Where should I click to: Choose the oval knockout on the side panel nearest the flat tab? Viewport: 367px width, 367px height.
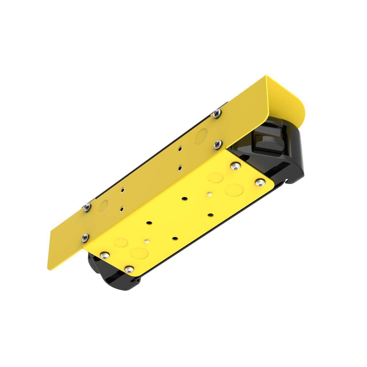[104, 204]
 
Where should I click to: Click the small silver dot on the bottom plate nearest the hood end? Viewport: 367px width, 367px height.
[210, 195]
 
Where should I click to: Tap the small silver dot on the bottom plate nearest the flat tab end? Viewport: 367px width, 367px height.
[147, 241]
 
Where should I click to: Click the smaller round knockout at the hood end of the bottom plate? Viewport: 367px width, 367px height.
[215, 177]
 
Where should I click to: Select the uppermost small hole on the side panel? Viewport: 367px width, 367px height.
[180, 149]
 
